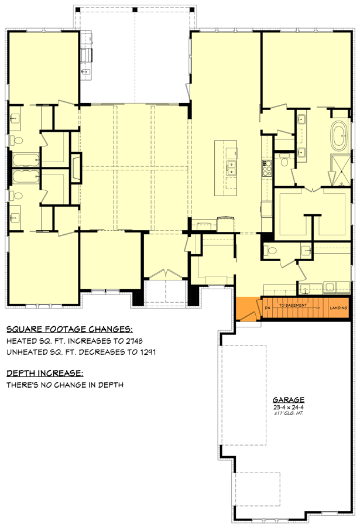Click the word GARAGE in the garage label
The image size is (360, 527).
(288, 400)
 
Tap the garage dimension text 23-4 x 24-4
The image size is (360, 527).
(288, 407)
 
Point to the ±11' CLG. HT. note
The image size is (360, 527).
(288, 413)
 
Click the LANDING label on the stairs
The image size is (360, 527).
(338, 308)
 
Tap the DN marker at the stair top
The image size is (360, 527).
(268, 307)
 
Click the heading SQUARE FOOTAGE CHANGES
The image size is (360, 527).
(69, 329)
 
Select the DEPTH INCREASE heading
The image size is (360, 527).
(44, 373)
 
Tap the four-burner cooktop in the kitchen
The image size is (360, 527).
(267, 168)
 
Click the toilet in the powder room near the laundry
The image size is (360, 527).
(270, 250)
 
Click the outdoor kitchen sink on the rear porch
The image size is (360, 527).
(86, 71)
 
